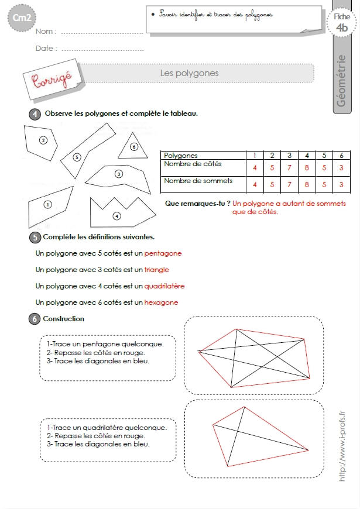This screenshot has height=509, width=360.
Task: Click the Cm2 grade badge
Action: [x=22, y=18]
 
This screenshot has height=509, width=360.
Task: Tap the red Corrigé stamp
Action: [x=52, y=79]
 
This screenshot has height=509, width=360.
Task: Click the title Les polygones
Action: [x=189, y=73]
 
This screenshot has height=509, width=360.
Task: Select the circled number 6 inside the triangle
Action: [x=134, y=147]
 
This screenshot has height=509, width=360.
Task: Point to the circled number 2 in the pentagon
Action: [x=43, y=140]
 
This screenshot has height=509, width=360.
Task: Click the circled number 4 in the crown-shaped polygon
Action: [x=116, y=216]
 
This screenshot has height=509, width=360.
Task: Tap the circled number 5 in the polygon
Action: [x=77, y=157]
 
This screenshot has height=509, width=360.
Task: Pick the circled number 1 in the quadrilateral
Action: [x=48, y=205]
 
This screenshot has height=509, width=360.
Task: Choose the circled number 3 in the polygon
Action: [x=119, y=174]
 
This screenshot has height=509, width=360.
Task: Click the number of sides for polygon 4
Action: [x=307, y=168]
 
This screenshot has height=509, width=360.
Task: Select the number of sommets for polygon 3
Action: [x=289, y=185]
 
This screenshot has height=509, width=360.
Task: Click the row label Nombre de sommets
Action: [x=198, y=181]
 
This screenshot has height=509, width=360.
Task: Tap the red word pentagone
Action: [x=163, y=253]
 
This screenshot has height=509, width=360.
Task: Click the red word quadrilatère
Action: [x=164, y=286]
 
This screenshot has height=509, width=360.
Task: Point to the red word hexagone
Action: [x=161, y=302]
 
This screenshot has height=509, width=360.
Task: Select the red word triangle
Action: [x=157, y=270]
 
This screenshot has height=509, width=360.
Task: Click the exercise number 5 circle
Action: [x=35, y=238]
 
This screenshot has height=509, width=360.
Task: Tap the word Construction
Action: [x=63, y=319]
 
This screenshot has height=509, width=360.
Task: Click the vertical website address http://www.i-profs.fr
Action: [x=342, y=446]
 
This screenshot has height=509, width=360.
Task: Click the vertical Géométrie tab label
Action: [x=341, y=81]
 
